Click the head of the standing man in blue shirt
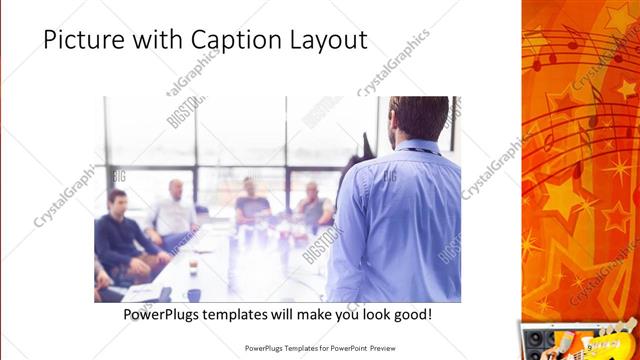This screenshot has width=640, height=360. coord(419,117)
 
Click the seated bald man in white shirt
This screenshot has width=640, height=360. coord(176,211)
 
